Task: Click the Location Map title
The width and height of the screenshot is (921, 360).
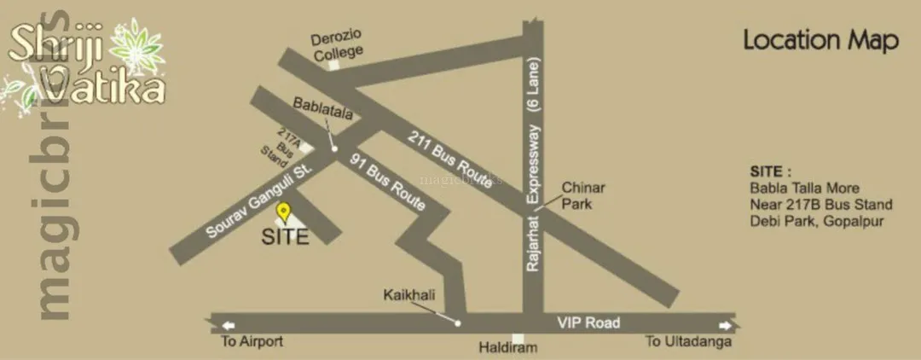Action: pyautogui.click(x=820, y=40)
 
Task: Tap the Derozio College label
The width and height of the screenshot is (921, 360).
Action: pyautogui.click(x=337, y=44)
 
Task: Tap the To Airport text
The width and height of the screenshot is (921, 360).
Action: pyautogui.click(x=252, y=342)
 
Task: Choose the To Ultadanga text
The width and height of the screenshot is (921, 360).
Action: pyautogui.click(x=688, y=342)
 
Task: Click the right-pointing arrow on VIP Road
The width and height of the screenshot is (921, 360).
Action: pyautogui.click(x=724, y=325)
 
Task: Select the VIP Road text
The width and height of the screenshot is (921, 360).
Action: pyautogui.click(x=588, y=323)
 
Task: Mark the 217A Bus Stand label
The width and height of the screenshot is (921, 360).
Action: pyautogui.click(x=279, y=146)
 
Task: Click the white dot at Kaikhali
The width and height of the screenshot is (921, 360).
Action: pyautogui.click(x=458, y=323)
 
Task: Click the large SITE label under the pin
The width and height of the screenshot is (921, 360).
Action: pyautogui.click(x=285, y=237)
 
